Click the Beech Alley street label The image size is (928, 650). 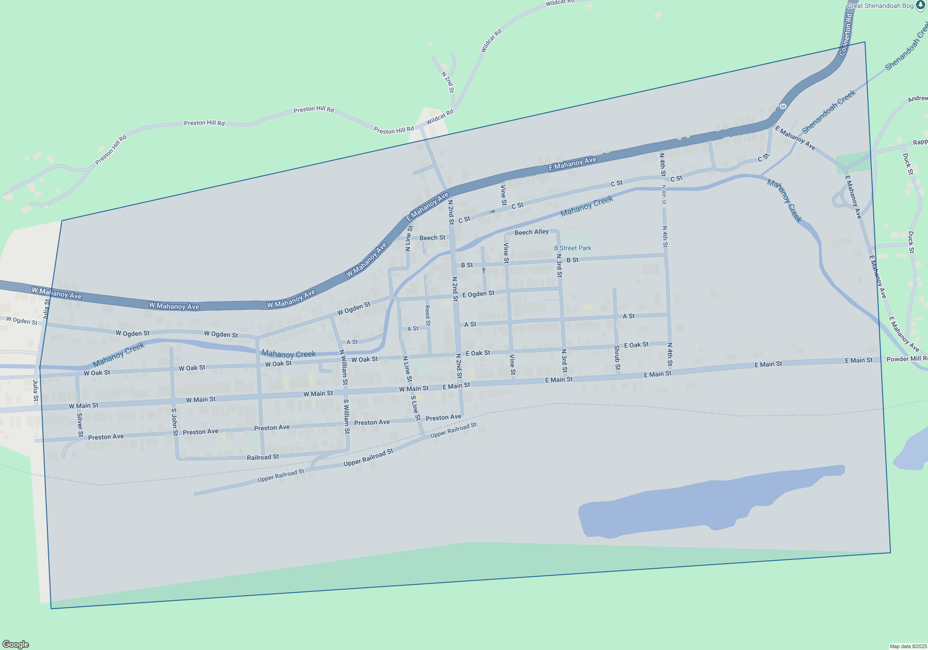pyautogui.click(x=531, y=232)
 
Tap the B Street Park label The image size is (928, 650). pyautogui.click(x=573, y=248)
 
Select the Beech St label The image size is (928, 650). pyautogui.click(x=432, y=238)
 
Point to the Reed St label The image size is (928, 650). pyautogui.click(x=427, y=315)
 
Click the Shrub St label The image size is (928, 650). pyautogui.click(x=617, y=357)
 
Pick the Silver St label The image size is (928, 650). pyautogui.click(x=80, y=425)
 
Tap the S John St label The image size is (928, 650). pyautogui.click(x=174, y=422)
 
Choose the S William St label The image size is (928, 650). pyautogui.click(x=346, y=416)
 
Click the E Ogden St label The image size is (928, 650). pyautogui.click(x=478, y=293)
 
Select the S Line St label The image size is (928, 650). pyautogui.click(x=415, y=408)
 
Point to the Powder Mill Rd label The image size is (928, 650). pyautogui.click(x=907, y=359)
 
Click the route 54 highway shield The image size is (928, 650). pyautogui.click(x=783, y=106)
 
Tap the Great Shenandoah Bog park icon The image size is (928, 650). pyautogui.click(x=921, y=5)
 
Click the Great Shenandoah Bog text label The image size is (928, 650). pyautogui.click(x=880, y=6)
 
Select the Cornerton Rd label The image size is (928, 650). pyautogui.click(x=846, y=35)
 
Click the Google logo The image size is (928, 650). pyautogui.click(x=16, y=644)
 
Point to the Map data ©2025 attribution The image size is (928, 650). pyautogui.click(x=908, y=646)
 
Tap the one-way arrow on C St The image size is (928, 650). pyautogui.click(x=492, y=211)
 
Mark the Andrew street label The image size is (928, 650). pyautogui.click(x=917, y=98)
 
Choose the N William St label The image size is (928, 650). pyautogui.click(x=343, y=368)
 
